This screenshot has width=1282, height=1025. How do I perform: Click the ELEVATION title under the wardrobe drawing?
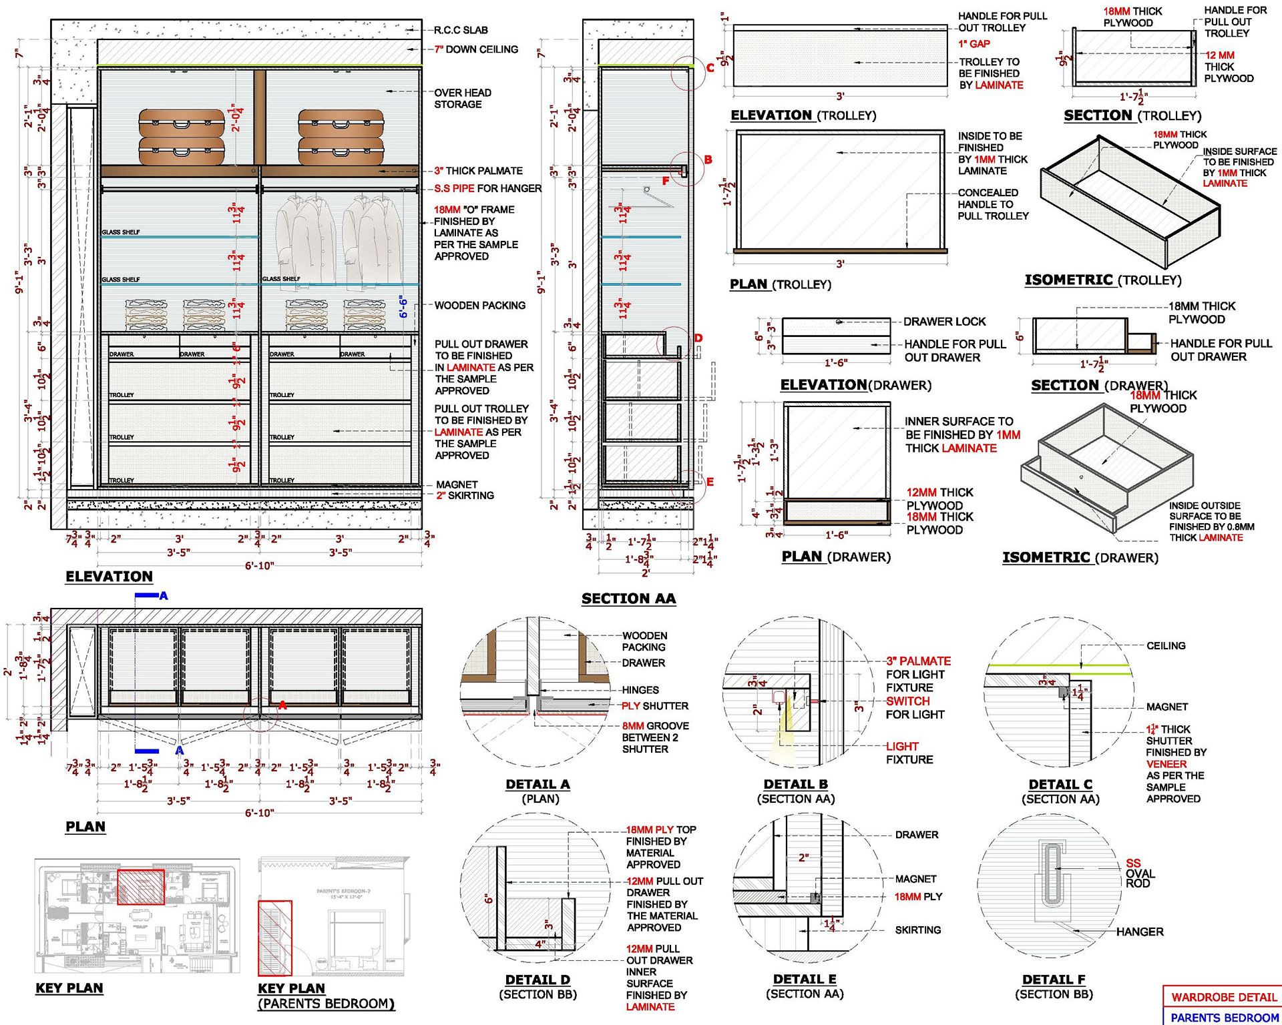(x=109, y=577)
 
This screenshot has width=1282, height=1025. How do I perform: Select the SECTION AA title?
(x=628, y=599)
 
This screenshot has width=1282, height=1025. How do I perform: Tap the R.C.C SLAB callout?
(x=461, y=30)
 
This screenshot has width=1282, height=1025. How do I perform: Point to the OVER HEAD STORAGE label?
(x=462, y=98)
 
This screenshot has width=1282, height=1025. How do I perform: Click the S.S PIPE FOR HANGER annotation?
(x=487, y=188)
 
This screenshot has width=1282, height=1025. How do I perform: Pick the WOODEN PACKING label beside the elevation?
(x=479, y=306)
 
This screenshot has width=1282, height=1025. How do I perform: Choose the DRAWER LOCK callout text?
(x=944, y=322)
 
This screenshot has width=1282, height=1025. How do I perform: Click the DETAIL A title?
(x=538, y=785)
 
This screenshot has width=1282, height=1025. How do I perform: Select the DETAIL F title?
(x=1054, y=980)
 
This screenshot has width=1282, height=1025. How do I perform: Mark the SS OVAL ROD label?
(x=1140, y=874)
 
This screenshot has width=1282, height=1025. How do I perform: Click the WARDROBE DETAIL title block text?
(x=1223, y=997)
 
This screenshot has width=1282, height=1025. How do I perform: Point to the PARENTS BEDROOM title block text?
(x=1225, y=1018)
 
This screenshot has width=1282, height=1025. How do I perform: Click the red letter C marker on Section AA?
(x=710, y=67)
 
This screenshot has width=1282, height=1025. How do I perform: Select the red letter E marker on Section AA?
(x=710, y=482)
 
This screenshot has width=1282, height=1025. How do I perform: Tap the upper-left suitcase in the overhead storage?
(x=182, y=123)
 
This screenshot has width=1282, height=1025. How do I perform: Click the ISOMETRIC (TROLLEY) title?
(x=1102, y=280)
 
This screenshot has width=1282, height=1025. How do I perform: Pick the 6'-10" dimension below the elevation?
(x=259, y=566)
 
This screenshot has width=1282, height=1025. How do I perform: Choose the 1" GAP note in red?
(x=974, y=44)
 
